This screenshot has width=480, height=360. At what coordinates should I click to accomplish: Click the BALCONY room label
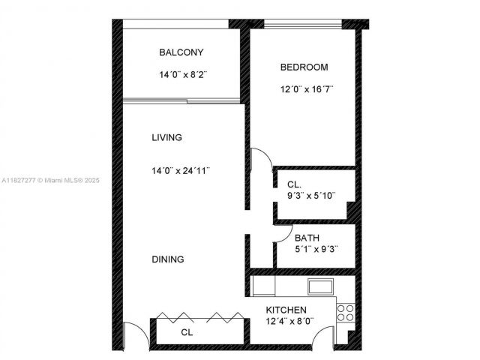(x=181, y=52)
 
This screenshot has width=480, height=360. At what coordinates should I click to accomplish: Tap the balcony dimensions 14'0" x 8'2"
(x=181, y=75)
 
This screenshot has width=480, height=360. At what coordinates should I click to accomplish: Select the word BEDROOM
(x=304, y=67)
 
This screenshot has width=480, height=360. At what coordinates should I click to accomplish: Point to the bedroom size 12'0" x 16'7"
(x=306, y=89)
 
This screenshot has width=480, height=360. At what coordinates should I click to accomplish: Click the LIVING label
(x=166, y=138)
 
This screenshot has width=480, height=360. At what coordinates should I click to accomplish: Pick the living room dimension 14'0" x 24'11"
(x=180, y=170)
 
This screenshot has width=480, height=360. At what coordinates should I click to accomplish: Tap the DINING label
(x=168, y=259)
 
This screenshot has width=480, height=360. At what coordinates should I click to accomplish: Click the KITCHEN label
(x=286, y=310)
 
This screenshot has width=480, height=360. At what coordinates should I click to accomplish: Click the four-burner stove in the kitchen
(x=346, y=312)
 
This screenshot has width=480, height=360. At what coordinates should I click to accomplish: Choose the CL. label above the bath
(x=294, y=184)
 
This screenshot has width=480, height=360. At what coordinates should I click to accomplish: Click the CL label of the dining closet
(x=187, y=332)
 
